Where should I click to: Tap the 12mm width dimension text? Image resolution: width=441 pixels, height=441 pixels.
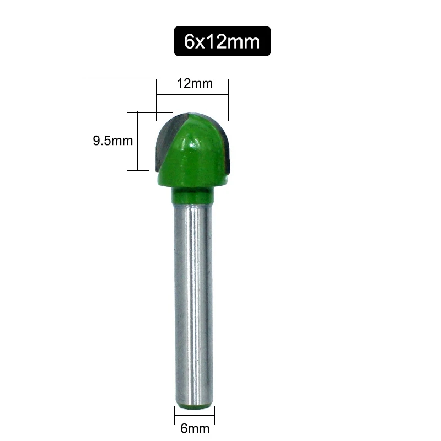[x=193, y=84]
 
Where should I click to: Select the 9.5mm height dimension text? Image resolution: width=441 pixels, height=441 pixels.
[x=112, y=141]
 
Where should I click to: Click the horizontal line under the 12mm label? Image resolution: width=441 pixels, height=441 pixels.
[x=193, y=95]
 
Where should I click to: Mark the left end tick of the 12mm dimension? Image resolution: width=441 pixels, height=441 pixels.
[x=157, y=99]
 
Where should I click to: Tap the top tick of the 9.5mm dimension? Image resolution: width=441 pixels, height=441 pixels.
[x=138, y=112]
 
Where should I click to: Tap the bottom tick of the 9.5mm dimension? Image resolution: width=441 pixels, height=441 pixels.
[x=138, y=171]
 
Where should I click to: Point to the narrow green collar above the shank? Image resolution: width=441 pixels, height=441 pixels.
[x=193, y=195]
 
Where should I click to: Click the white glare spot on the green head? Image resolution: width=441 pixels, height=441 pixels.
[x=194, y=144]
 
